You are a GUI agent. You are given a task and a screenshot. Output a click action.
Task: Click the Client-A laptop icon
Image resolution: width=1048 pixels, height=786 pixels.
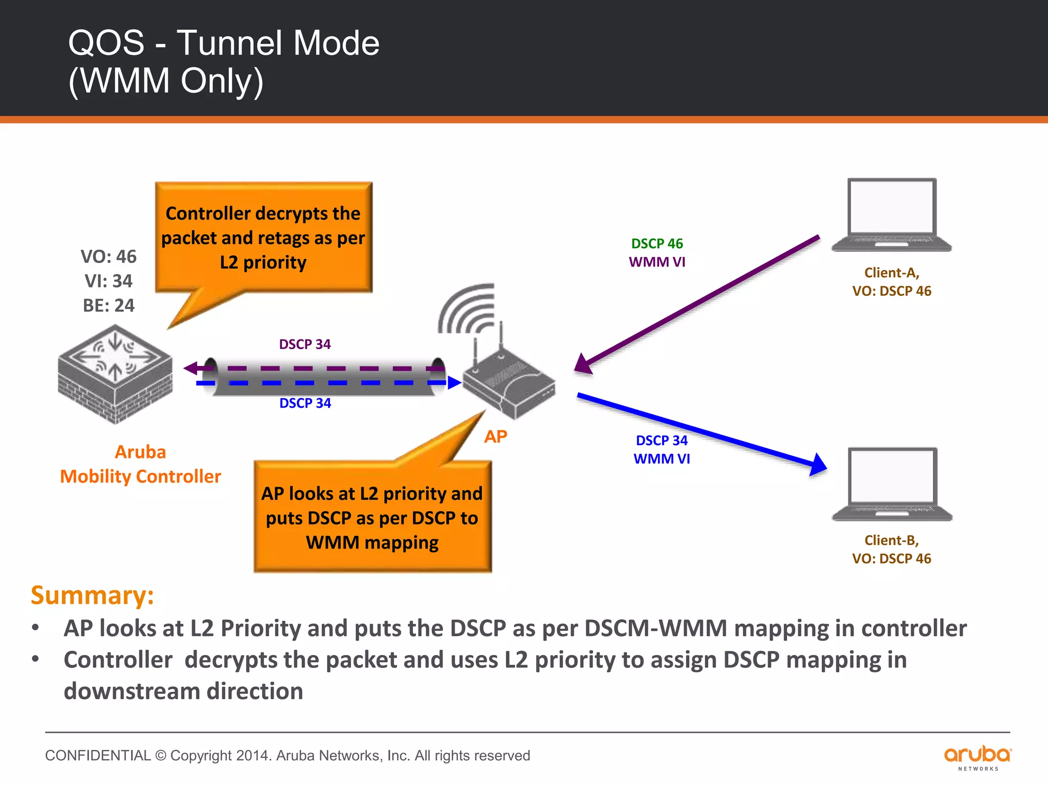(x=891, y=215)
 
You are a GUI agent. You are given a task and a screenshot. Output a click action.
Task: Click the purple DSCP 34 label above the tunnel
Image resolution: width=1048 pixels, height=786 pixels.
(x=304, y=344)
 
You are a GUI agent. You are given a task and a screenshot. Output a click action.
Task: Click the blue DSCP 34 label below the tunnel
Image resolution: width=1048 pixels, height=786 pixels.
(x=305, y=403)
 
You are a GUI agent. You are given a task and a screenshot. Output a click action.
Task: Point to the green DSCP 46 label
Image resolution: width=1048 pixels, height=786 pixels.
(x=657, y=244)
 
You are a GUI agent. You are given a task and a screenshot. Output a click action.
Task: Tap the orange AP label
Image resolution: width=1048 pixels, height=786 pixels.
(x=495, y=436)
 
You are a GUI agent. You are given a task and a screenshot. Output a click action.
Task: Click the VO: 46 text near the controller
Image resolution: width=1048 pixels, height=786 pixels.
(x=108, y=256)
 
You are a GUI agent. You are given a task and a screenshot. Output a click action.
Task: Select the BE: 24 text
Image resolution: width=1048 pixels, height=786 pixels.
(x=108, y=305)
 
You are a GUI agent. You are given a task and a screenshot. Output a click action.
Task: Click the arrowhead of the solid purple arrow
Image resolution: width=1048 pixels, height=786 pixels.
(x=583, y=364)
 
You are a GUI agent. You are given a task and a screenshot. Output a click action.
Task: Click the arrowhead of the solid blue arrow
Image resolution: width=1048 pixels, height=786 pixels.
(x=818, y=465)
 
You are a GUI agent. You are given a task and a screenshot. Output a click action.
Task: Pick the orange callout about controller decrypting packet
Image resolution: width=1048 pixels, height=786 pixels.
(x=264, y=237)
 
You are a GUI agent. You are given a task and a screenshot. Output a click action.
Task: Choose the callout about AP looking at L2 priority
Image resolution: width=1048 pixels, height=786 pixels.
(x=372, y=517)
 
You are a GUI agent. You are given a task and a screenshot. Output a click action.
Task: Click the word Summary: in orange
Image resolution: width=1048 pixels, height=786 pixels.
(x=92, y=595)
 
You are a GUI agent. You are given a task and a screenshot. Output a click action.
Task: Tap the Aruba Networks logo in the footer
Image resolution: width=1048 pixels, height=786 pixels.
(x=977, y=757)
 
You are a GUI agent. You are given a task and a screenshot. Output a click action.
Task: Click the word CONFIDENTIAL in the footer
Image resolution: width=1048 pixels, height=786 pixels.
(x=98, y=755)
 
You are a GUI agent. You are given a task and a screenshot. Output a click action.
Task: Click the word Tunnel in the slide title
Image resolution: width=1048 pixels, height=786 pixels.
(x=231, y=43)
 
